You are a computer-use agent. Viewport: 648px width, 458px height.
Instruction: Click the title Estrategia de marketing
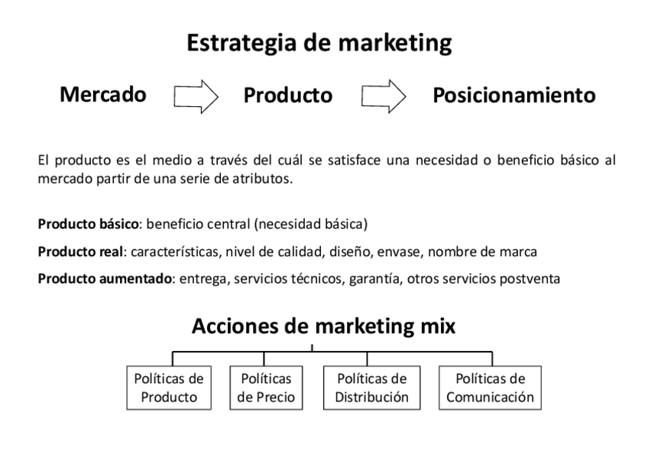[x=319, y=43]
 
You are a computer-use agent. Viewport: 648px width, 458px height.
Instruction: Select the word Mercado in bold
[x=103, y=95]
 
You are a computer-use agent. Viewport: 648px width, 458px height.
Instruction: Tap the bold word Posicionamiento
[x=514, y=96]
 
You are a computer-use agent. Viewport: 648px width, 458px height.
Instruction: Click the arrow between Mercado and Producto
[x=196, y=96]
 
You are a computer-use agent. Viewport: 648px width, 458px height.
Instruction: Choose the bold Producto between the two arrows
[x=288, y=96]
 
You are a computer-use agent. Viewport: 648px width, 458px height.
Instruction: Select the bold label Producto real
[x=79, y=252]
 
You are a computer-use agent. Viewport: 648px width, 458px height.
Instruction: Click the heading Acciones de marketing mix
[x=324, y=326]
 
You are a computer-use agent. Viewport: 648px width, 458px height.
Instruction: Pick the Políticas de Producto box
[x=169, y=387]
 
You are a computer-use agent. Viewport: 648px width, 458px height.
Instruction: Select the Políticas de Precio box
[x=266, y=387]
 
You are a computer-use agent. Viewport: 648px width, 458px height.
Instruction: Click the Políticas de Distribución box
[x=371, y=387]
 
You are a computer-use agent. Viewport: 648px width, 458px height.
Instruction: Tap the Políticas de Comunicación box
[x=490, y=387]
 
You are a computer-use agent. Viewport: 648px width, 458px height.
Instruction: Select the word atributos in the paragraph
[x=263, y=180]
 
